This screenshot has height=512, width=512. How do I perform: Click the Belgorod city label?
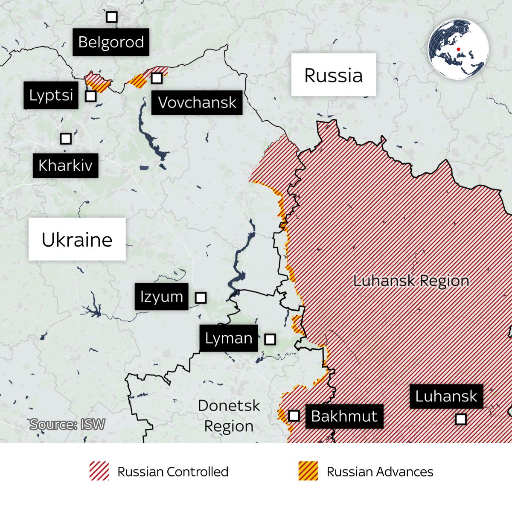[x=111, y=42]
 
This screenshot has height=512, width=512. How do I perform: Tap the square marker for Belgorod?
[x=112, y=17]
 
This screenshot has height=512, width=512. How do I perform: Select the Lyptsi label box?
[x=51, y=95]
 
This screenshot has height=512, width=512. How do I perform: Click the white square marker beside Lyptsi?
[x=90, y=96]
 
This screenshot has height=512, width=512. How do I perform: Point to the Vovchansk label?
[x=197, y=102]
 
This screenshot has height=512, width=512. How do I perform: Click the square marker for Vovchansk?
[x=157, y=78]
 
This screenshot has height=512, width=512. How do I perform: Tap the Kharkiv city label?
[x=65, y=166]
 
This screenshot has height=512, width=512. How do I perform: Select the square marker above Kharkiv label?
[x=65, y=139]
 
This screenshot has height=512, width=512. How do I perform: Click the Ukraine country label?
[x=77, y=239]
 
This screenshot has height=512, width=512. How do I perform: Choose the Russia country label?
[x=333, y=75]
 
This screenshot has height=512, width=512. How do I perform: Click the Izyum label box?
[x=161, y=297]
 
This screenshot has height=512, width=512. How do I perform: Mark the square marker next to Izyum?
[x=201, y=298]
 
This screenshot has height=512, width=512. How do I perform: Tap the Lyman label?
[x=229, y=338]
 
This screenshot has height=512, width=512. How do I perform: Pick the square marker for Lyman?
[x=270, y=340]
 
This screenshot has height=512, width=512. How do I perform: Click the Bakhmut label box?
[x=344, y=416]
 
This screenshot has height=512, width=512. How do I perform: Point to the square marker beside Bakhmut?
[x=294, y=416]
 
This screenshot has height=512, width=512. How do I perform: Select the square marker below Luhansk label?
[x=461, y=419]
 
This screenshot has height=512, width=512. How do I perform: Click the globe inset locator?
[x=458, y=49]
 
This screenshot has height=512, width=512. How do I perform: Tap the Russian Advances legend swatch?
[x=308, y=471]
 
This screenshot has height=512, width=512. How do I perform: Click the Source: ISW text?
[x=67, y=425]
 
